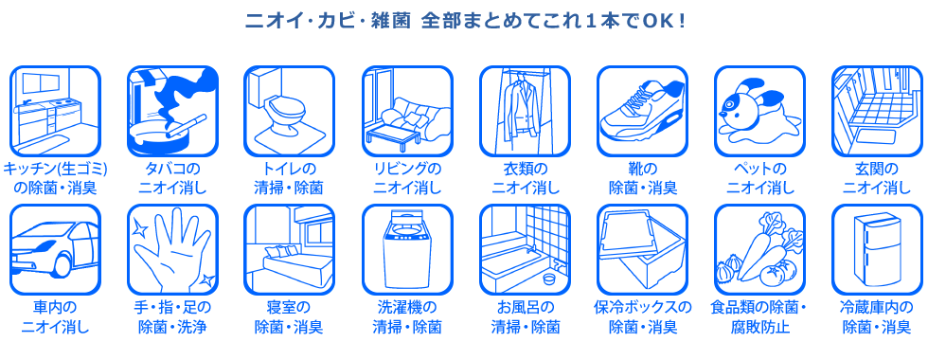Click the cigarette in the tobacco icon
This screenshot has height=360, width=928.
tap(186, 125)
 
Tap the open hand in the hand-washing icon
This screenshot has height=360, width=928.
tap(171, 249)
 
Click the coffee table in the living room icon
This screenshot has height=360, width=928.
tap(393, 135)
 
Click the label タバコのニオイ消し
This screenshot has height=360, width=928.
tap(172, 179)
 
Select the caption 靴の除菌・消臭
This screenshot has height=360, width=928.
tap(643, 179)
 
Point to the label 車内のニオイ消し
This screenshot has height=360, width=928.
tap(56, 317)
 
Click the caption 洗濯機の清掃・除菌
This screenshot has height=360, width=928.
tap(407, 317)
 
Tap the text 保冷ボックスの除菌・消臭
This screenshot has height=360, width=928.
tap(643, 317)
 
